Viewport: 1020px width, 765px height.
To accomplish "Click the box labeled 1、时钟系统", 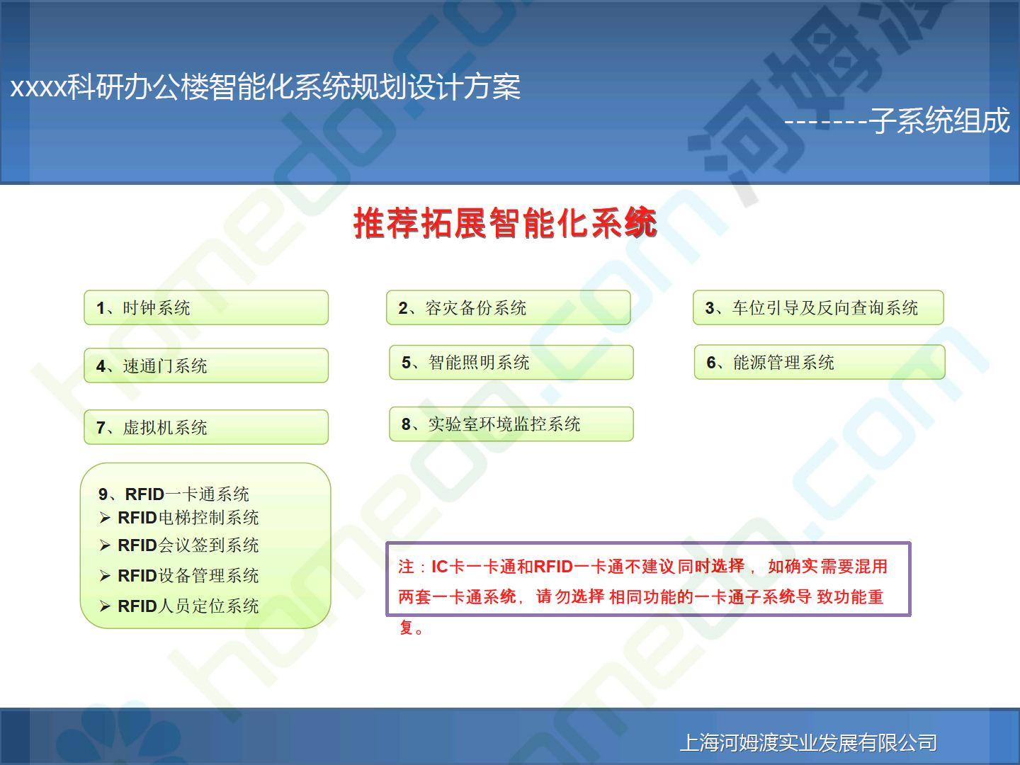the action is (206, 307).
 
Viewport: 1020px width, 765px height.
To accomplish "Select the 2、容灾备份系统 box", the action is (509, 307).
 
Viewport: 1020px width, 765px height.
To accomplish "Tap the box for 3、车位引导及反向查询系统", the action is (818, 307).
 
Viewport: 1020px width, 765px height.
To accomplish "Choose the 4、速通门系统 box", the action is (206, 365).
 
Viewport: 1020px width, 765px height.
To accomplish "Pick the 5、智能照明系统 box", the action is (511, 362).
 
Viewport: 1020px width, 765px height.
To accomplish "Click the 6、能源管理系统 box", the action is (820, 362).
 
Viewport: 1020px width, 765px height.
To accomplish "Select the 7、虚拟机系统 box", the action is (206, 427).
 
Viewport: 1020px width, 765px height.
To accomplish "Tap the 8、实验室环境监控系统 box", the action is (511, 424).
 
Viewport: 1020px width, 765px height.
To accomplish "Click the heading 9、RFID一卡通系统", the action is (174, 494).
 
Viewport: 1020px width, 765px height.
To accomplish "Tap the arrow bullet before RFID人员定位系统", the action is (105, 606).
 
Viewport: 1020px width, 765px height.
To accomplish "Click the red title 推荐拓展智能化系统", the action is (505, 223).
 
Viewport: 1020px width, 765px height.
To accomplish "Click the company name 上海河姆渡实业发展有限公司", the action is (808, 743).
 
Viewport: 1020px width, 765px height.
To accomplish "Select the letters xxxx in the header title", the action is (38, 87).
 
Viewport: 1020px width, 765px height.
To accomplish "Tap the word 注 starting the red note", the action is (406, 567).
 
